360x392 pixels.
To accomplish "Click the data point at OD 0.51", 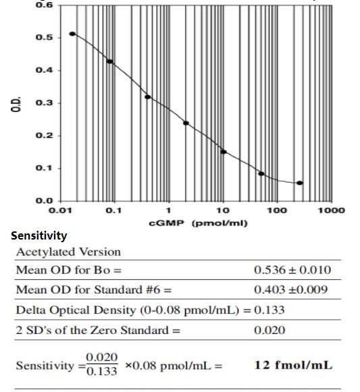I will point(72,34).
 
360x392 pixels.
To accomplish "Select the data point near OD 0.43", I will point(110,61).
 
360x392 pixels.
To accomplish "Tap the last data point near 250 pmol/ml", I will point(300,183).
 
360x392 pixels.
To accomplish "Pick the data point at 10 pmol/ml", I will point(224,152).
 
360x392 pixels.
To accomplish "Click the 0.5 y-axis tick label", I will point(45,38).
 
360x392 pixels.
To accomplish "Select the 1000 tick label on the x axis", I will point(331,211).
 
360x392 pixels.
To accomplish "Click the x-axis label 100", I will point(276,211).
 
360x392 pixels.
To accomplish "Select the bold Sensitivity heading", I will point(38,235).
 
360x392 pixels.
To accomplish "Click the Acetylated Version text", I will point(68,252).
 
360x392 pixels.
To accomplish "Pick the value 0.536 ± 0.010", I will point(292,271).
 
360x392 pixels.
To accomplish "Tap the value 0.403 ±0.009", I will point(291,290).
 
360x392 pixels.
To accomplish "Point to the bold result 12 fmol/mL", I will point(293,365).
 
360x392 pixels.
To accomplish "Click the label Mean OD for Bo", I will point(68,271).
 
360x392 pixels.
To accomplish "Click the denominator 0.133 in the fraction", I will point(102,372).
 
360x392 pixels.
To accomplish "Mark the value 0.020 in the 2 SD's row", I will point(269,331).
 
